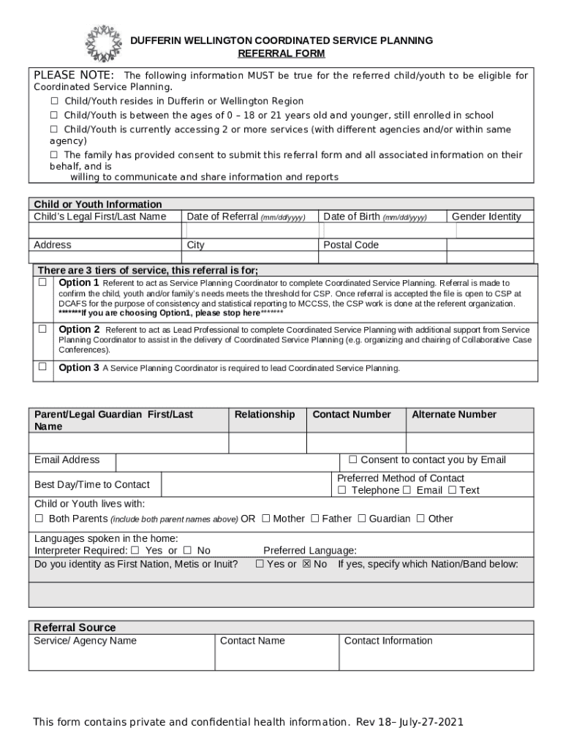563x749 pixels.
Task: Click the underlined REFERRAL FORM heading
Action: click(x=281, y=53)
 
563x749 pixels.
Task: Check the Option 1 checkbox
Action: click(x=42, y=282)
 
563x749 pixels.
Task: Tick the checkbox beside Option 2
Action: click(x=42, y=329)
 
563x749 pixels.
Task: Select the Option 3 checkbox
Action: click(x=42, y=366)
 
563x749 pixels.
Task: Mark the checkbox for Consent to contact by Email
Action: click(x=352, y=460)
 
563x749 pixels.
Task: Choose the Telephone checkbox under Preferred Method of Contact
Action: click(x=341, y=490)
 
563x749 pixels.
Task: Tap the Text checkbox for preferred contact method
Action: click(x=452, y=490)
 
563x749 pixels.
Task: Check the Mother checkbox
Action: click(x=266, y=519)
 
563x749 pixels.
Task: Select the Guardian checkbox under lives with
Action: click(x=360, y=519)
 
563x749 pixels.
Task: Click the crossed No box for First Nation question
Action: click(x=307, y=564)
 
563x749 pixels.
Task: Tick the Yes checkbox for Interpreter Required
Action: click(x=135, y=550)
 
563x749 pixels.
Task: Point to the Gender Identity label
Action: click(x=486, y=217)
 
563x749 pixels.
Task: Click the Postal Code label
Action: click(x=351, y=245)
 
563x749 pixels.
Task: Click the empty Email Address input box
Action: click(x=227, y=462)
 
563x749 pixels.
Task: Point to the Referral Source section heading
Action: click(x=75, y=628)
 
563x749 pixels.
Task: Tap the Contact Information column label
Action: click(x=388, y=641)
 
